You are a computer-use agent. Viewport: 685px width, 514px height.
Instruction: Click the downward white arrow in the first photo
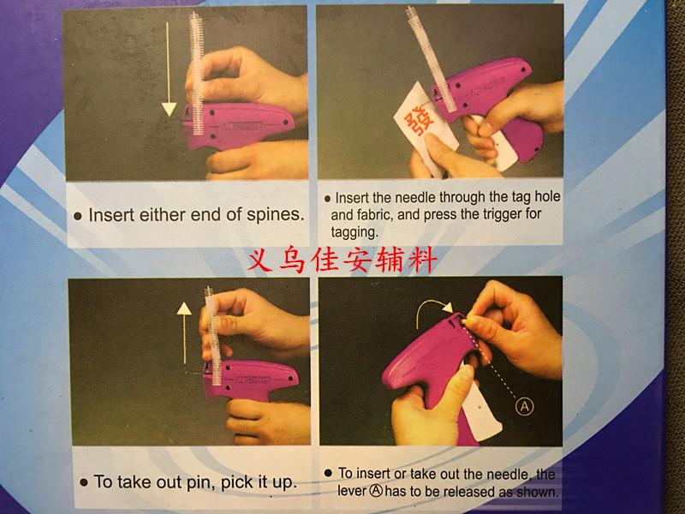pos(167,70)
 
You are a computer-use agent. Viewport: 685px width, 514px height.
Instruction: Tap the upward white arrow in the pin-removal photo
pos(184,333)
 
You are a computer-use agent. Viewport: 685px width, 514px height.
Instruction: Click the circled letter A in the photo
pos(524,406)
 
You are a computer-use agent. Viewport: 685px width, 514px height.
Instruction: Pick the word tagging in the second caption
pos(354,231)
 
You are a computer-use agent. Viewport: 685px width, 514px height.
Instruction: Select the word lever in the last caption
pos(352,491)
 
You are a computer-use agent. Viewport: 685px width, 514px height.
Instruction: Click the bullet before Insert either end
pos(78,216)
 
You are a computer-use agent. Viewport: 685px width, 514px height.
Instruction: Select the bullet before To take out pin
pos(84,483)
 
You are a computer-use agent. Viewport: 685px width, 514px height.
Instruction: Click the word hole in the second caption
pos(547,197)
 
